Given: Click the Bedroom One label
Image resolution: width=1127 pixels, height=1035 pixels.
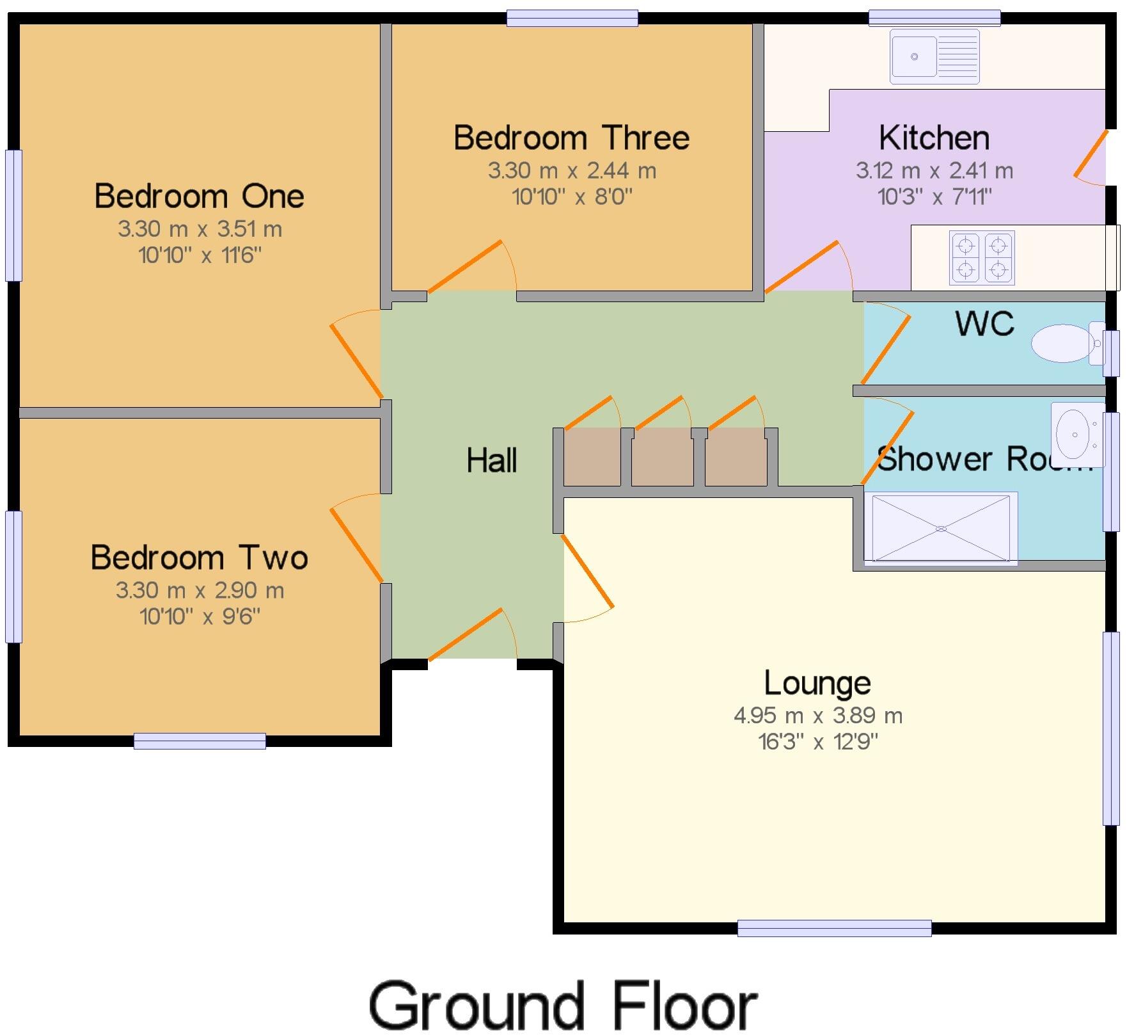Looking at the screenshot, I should [199, 196].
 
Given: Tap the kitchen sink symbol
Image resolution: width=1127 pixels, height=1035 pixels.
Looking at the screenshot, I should [934, 56].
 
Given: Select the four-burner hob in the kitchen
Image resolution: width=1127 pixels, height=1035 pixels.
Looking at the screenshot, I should [982, 257].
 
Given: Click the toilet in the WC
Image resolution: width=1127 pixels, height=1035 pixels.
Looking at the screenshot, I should [1066, 343].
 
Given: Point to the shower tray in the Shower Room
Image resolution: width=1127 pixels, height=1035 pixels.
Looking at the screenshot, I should [940, 528].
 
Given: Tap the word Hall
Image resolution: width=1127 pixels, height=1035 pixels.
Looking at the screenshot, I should [491, 460].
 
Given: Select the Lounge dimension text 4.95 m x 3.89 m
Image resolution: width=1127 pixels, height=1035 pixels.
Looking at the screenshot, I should [817, 716].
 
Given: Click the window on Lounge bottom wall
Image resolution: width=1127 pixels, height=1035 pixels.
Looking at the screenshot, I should [834, 927].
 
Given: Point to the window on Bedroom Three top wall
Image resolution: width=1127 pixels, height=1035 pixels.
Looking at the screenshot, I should [572, 18].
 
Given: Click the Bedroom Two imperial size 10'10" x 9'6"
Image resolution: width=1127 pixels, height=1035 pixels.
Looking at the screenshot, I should [200, 616].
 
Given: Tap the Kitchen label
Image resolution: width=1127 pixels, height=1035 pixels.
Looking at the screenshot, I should [934, 138].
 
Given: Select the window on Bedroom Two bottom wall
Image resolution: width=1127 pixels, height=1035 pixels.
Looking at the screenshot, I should [200, 741].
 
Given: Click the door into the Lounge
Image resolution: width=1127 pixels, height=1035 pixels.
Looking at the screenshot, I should [587, 571].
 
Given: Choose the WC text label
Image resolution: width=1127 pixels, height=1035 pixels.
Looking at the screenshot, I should [984, 323].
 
